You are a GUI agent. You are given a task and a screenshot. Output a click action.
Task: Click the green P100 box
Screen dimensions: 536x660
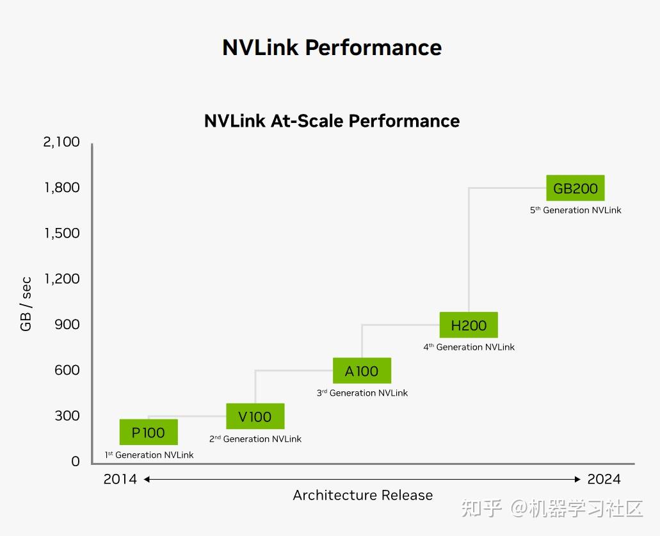pos(149,432)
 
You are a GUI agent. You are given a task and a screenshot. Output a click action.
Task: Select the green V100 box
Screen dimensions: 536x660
pos(255,417)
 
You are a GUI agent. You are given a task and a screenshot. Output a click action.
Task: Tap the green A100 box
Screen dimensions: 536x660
pos(362,371)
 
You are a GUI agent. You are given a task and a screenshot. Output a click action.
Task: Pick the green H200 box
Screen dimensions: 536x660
pos(469,325)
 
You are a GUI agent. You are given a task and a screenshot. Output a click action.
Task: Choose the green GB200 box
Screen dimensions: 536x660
pos(575,188)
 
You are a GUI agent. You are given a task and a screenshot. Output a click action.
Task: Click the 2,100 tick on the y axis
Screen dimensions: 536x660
pos(61,142)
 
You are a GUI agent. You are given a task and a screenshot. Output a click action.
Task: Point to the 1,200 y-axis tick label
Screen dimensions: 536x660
pos(61,279)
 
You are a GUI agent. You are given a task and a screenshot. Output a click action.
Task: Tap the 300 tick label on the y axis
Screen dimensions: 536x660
pos(67,416)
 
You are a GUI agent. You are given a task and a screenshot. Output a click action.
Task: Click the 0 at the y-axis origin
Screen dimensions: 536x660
pos(76,461)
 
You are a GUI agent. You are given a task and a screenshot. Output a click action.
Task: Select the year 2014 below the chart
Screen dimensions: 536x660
pos(120,479)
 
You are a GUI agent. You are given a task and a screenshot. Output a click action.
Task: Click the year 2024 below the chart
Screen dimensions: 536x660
pos(604,479)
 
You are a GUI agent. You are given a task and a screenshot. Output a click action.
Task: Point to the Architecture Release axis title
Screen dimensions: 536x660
pos(362,495)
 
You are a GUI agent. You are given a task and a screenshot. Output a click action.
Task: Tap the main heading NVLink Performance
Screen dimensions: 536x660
pos(332,47)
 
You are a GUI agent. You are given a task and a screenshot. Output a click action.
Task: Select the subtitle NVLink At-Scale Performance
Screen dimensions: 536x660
pos(332,121)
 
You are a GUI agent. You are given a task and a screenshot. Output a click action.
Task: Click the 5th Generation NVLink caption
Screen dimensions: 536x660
pos(575,210)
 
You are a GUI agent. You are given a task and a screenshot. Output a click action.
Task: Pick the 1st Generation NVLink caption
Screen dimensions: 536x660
pos(149,455)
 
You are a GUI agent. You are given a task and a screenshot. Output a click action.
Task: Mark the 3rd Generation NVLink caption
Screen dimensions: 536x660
pos(362,393)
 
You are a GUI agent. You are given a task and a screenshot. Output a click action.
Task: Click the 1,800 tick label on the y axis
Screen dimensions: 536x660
pos(61,188)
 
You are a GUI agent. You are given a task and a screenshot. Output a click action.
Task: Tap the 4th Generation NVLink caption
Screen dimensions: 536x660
pos(469,347)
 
